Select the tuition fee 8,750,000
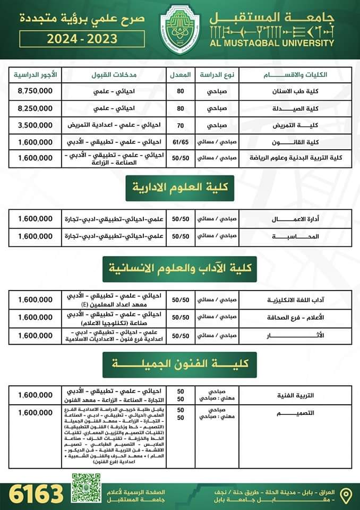pos(35,91)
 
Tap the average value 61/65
pos(181,142)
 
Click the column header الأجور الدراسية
pos(35,73)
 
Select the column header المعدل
pos(181,74)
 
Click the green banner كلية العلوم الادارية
pos(180,188)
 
